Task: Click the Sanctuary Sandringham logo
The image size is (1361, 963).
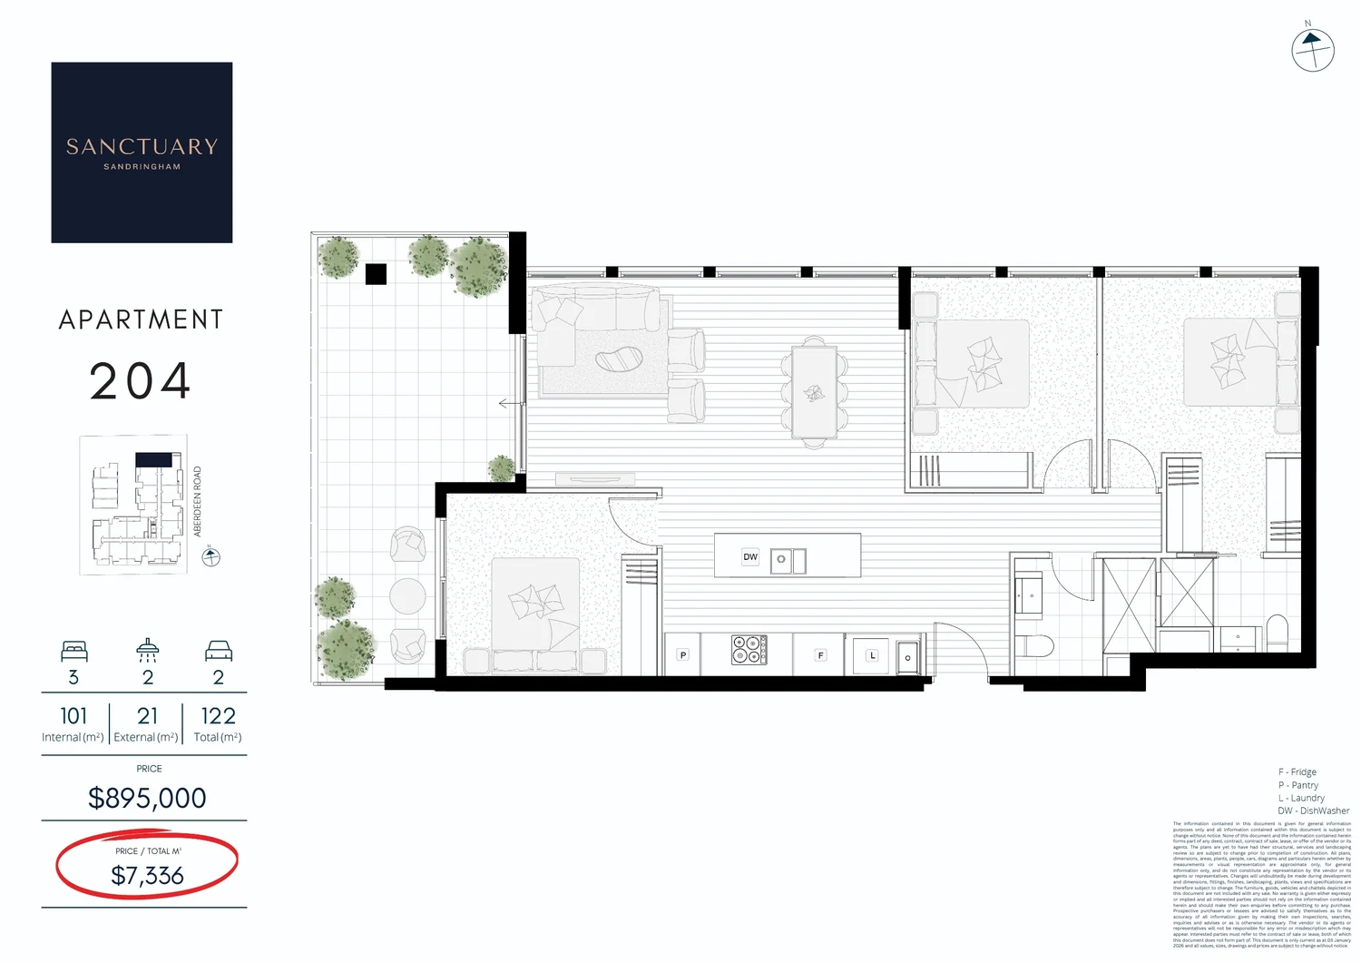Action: click(x=142, y=152)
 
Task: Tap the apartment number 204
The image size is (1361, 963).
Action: click(x=141, y=381)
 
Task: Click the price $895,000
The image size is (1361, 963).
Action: click(x=147, y=798)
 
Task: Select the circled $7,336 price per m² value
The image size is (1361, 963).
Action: click(x=147, y=875)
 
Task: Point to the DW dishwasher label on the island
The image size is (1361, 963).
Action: click(x=750, y=557)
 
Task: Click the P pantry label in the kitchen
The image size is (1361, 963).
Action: click(x=683, y=654)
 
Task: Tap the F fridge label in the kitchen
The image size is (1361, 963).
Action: click(x=820, y=654)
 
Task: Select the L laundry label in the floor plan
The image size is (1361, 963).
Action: click(x=873, y=654)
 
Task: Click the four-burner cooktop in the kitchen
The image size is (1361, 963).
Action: click(x=749, y=650)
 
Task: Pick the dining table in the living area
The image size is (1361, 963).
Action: click(x=814, y=392)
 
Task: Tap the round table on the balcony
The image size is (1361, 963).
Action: click(x=407, y=596)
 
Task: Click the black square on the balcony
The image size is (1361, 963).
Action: click(x=376, y=273)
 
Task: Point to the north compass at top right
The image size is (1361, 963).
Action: click(x=1312, y=50)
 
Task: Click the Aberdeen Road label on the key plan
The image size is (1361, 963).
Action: click(x=198, y=501)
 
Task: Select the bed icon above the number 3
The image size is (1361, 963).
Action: click(x=73, y=651)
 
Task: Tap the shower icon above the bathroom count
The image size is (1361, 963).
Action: click(x=147, y=650)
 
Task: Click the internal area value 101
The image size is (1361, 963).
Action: click(x=73, y=716)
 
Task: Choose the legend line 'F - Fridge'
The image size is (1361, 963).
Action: click(x=1297, y=772)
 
